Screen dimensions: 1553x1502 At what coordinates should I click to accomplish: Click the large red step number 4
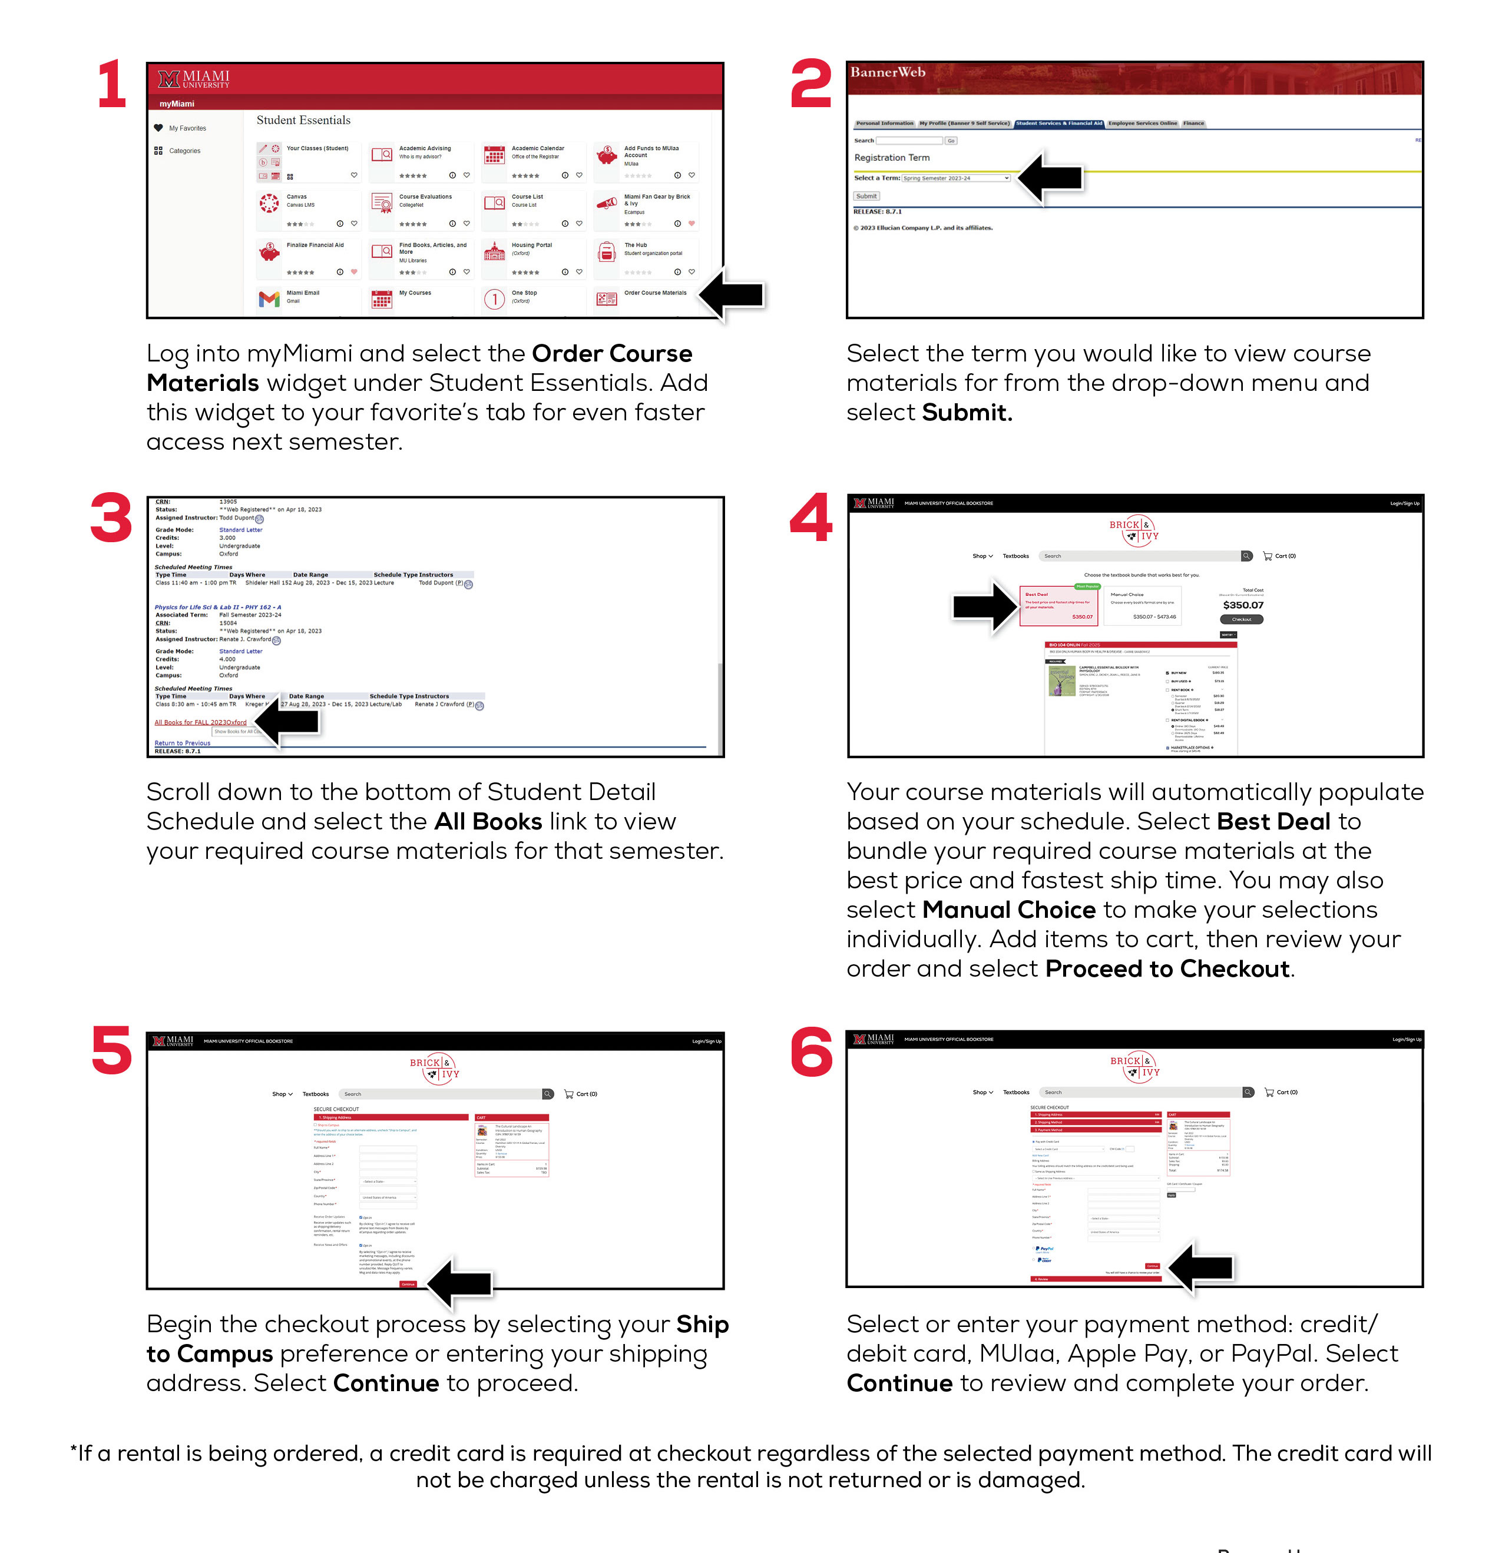811,517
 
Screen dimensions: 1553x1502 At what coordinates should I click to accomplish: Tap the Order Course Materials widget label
655,293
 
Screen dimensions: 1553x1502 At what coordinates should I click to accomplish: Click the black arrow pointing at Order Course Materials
733,295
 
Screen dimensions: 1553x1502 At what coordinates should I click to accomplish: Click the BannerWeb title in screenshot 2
888,72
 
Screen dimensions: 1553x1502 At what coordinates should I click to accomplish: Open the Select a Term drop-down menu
956,178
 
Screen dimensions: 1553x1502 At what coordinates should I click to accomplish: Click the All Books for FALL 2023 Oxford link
200,722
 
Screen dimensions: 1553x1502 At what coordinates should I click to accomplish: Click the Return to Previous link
182,743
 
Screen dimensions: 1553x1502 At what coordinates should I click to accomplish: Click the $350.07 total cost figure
1243,605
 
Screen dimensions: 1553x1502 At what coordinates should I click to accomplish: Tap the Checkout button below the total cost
1241,620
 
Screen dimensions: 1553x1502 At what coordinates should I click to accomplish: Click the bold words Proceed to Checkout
1167,969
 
